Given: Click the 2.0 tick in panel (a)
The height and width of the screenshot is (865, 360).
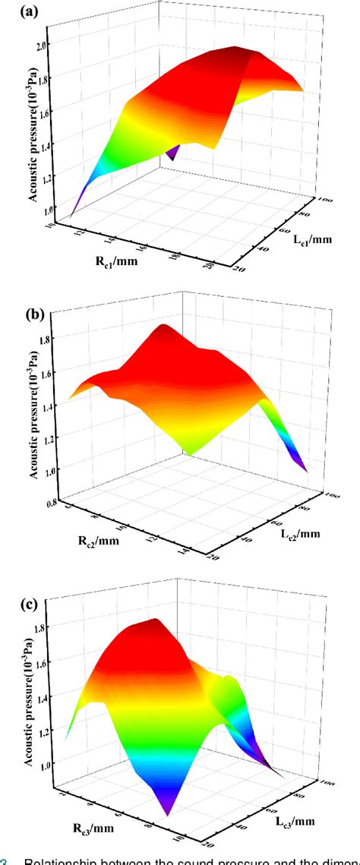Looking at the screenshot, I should click(39, 45).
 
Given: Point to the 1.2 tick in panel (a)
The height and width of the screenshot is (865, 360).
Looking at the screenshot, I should click(39, 178).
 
